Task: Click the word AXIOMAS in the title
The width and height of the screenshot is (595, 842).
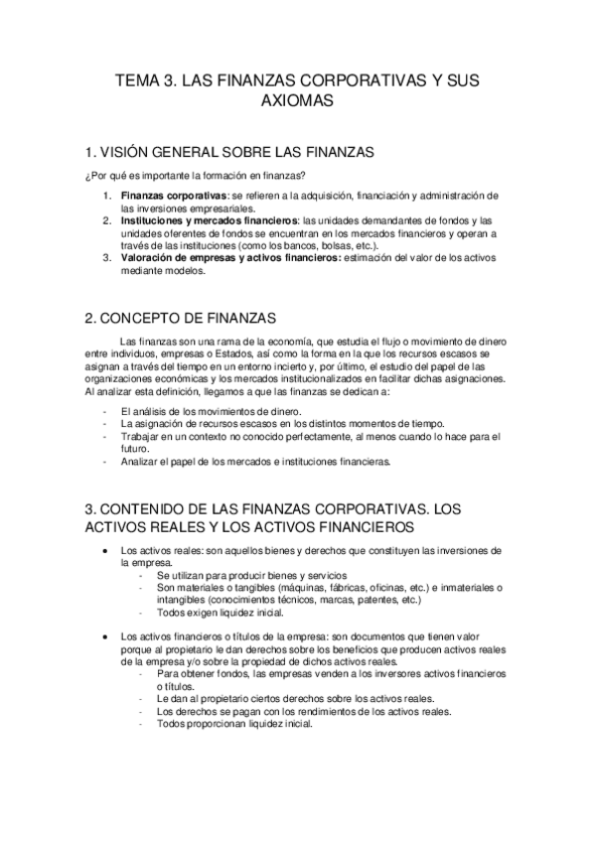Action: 297,101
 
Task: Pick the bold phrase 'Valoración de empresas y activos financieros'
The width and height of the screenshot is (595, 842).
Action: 228,257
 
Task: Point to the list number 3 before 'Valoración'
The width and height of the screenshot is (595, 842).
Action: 107,257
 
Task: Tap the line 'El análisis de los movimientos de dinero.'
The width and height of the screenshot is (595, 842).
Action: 212,410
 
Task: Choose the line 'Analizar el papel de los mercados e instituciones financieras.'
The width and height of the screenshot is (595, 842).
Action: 255,461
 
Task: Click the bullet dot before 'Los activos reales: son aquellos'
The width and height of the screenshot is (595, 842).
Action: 105,550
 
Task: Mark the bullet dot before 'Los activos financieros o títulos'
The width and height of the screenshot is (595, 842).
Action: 105,635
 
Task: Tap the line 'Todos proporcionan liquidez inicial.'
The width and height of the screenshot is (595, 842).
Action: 234,723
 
